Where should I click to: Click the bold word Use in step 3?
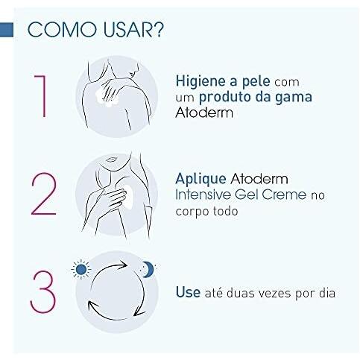(x=188, y=292)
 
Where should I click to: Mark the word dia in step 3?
(x=325, y=292)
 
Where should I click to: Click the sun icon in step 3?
(x=80, y=268)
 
